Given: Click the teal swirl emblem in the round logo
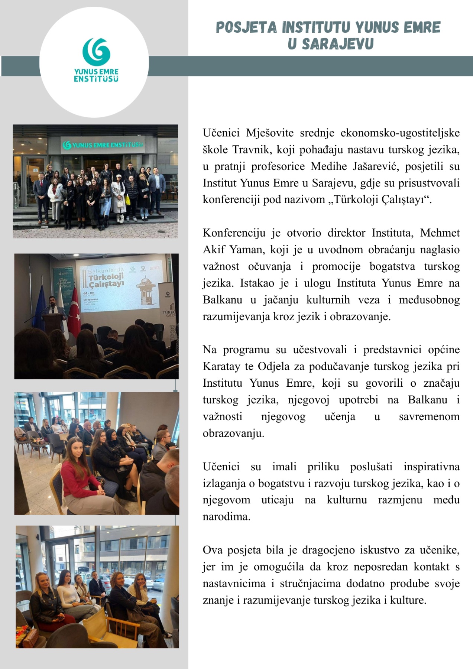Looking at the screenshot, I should (x=96, y=52).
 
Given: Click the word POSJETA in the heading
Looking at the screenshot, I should (x=246, y=27).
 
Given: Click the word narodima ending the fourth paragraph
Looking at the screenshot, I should (x=226, y=517).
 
